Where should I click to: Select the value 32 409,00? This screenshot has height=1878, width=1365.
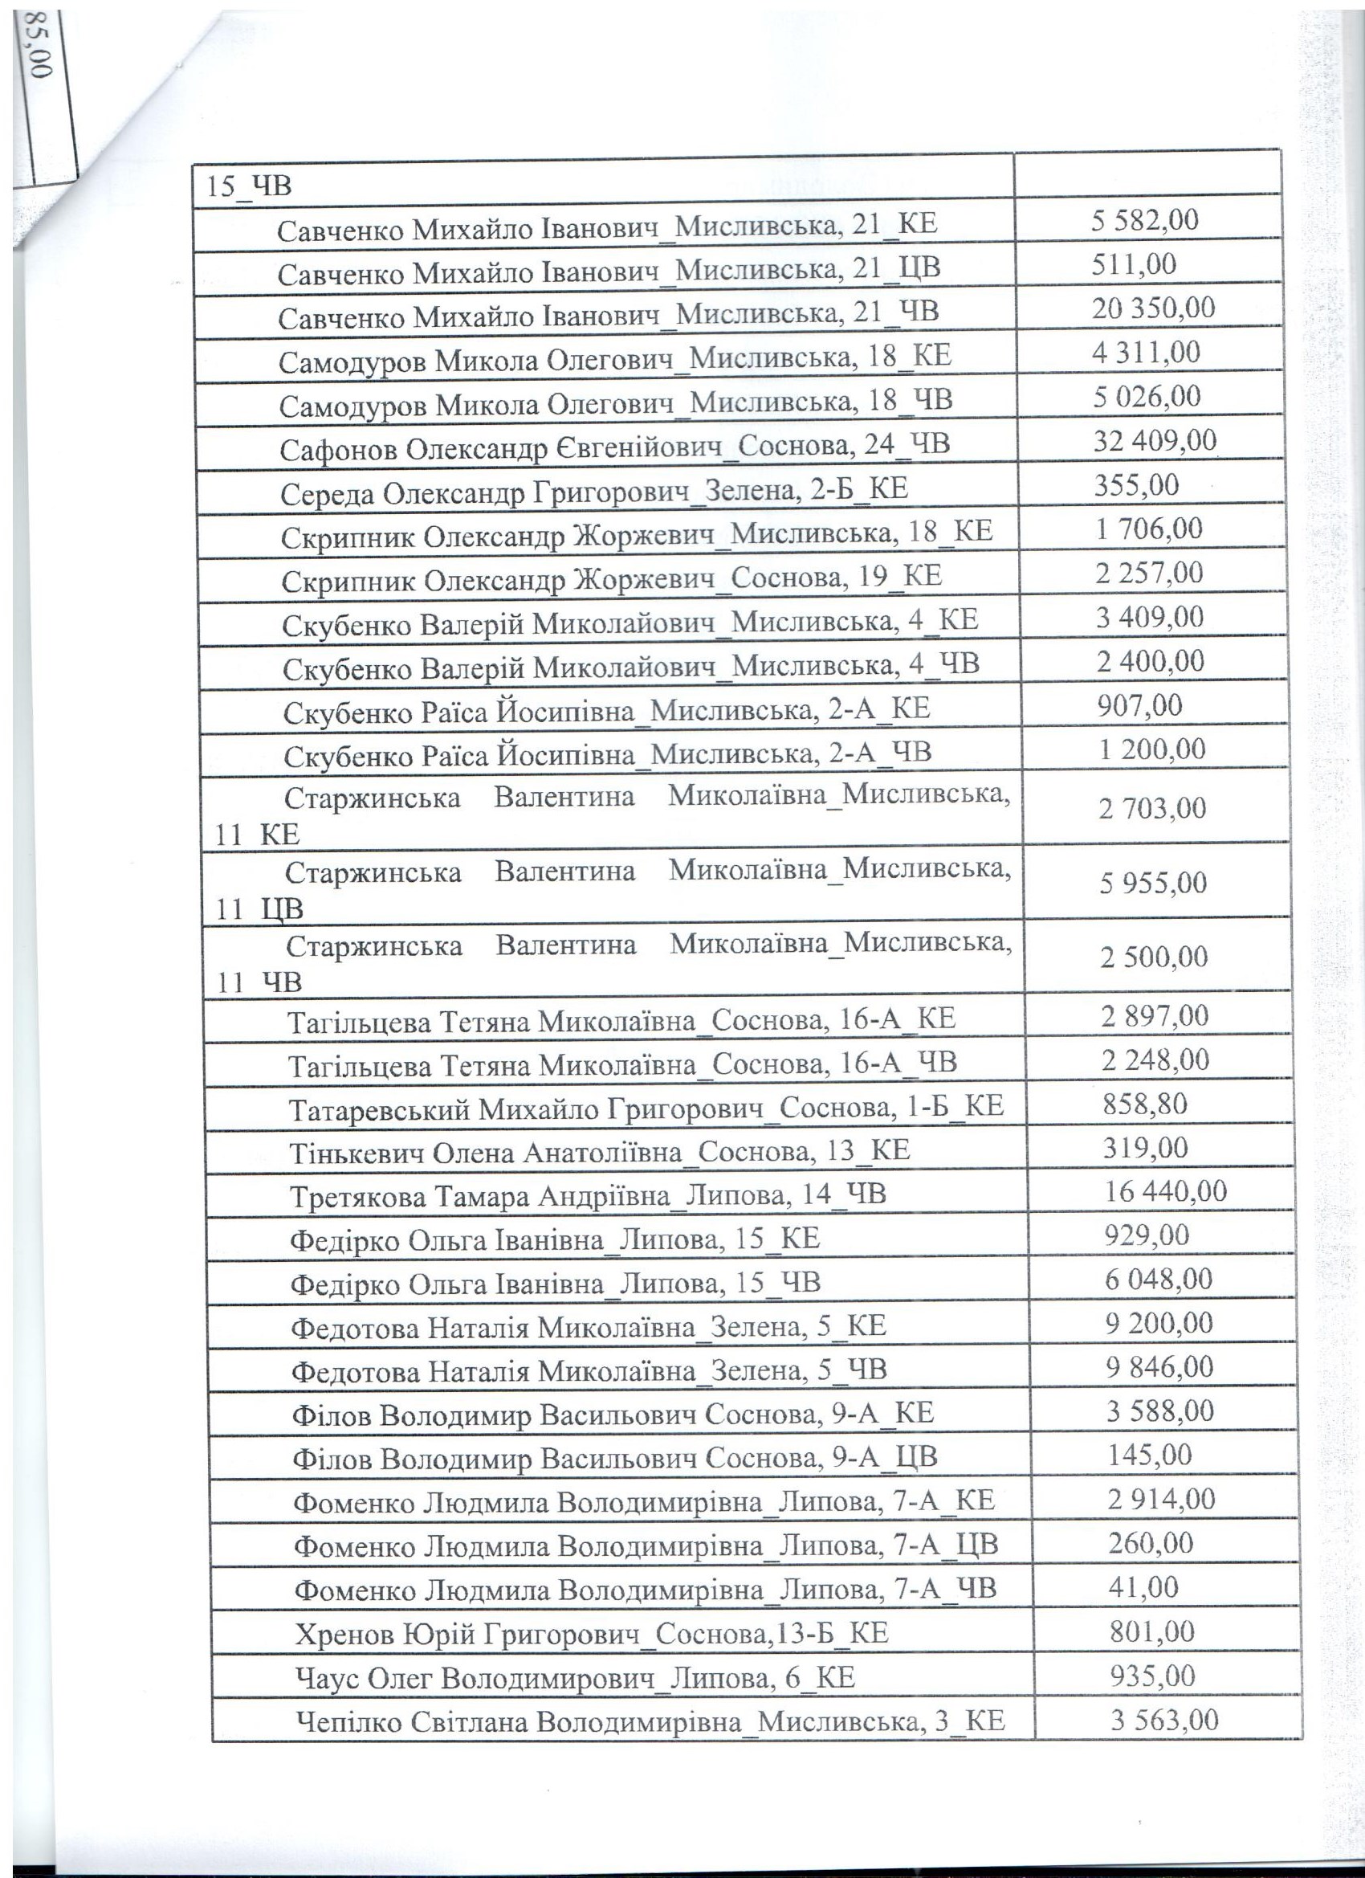(x=1155, y=439)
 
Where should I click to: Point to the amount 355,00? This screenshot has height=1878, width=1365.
(x=1136, y=484)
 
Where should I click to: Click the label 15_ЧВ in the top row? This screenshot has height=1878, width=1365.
(x=249, y=185)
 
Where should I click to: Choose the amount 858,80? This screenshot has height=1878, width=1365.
(x=1145, y=1103)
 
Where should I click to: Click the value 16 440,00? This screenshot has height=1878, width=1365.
(x=1166, y=1191)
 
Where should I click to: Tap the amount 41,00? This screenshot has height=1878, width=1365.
(x=1143, y=1586)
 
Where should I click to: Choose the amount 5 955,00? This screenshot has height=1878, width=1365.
(x=1153, y=884)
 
